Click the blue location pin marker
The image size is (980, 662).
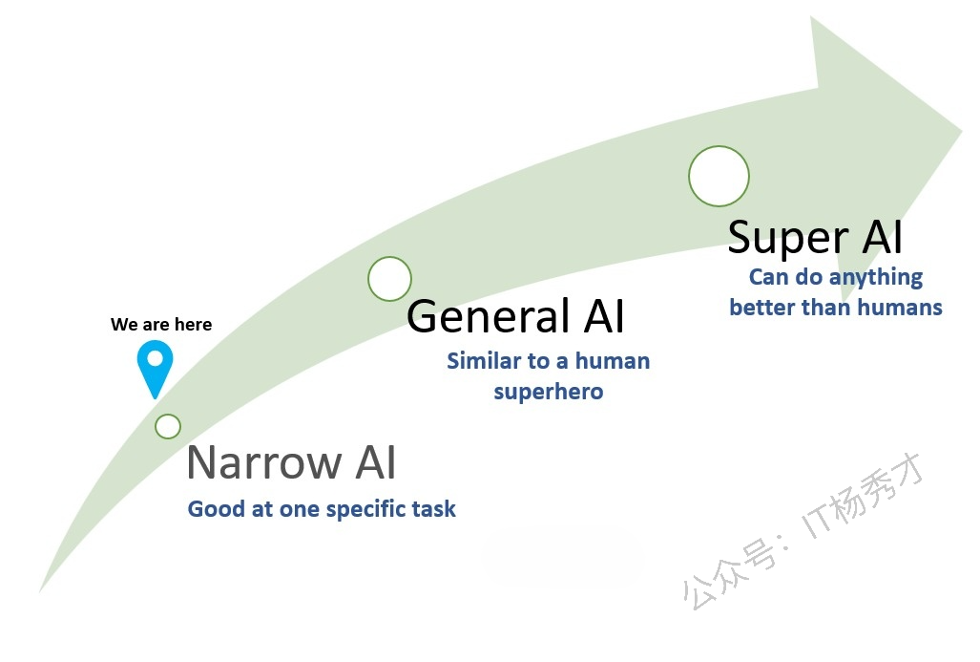pos(155,366)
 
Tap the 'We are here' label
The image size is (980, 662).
pos(161,324)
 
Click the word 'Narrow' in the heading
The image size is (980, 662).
pos(263,462)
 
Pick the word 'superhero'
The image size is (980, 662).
pos(548,393)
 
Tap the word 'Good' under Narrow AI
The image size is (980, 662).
pos(217,509)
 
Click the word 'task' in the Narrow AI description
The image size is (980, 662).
pos(436,509)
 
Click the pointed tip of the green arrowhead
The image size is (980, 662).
pos(961,132)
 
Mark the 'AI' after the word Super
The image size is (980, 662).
pos(883,237)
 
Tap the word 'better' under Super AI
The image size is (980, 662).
pos(762,308)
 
